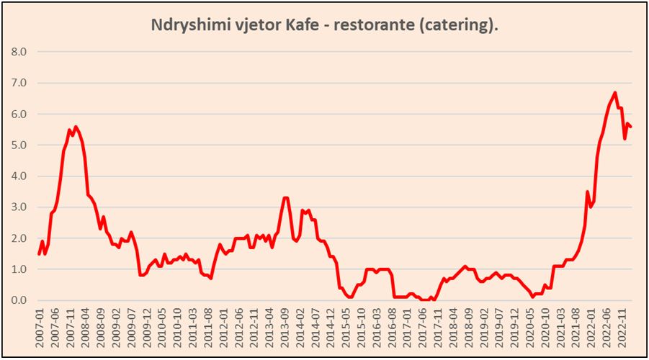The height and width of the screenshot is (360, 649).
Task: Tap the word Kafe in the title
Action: pyautogui.click(x=305, y=25)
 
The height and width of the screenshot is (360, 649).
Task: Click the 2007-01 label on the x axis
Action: pyautogui.click(x=39, y=328)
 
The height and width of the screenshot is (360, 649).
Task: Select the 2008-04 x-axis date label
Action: pyautogui.click(x=86, y=328)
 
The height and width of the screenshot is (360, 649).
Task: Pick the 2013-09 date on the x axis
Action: pyautogui.click(x=287, y=328)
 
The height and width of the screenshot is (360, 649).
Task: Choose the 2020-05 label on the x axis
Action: pyautogui.click(x=535, y=328)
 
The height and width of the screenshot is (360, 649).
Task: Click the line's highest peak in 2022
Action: pyautogui.click(x=614, y=92)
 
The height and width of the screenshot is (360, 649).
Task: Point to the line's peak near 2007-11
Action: pyautogui.click(x=76, y=127)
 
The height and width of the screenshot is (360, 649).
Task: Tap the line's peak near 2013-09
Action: pyautogui.click(x=286, y=197)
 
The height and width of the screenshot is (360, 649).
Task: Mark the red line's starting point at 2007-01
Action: pyautogui.click(x=39, y=253)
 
